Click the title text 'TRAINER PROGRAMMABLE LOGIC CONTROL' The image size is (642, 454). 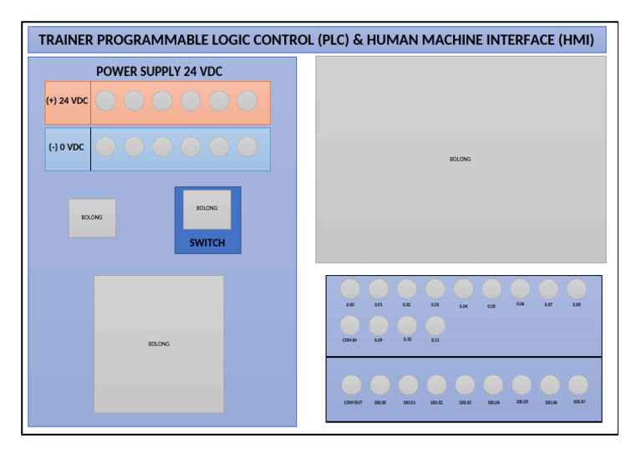(176, 40)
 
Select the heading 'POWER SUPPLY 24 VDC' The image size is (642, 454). (159, 72)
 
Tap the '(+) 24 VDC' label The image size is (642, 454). (67, 101)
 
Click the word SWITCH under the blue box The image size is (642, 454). (207, 243)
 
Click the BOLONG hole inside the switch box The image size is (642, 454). (207, 209)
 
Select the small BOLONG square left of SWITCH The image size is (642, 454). (92, 218)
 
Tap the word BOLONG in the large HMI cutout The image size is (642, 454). (460, 159)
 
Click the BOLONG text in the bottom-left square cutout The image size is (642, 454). (159, 344)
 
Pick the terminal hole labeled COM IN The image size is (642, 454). (350, 325)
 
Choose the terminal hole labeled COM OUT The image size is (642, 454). (352, 385)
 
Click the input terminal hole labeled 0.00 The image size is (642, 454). (350, 289)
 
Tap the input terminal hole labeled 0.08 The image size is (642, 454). (577, 289)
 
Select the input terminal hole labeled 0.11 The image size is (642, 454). (435, 325)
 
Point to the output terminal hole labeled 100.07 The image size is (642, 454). (578, 385)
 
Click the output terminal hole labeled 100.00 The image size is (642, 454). (380, 385)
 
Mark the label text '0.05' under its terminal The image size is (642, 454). (492, 306)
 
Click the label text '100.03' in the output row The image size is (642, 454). (465, 402)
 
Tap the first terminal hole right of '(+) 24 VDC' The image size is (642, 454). (105, 101)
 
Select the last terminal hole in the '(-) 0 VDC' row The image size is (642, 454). (247, 147)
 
